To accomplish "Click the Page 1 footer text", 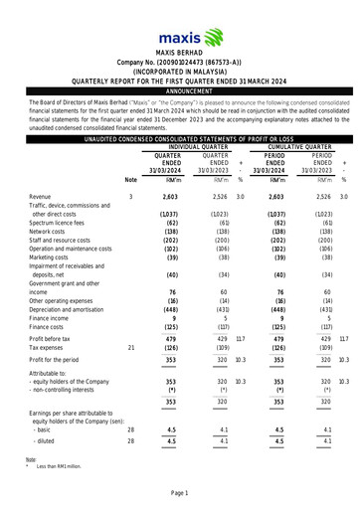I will (x=180, y=494).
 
